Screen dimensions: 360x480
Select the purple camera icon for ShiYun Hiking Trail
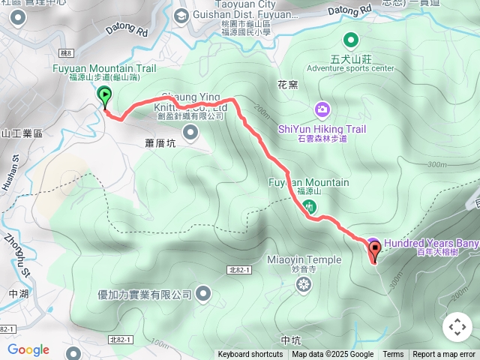point(322,110)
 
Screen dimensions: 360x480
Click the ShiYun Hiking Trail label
point(322,129)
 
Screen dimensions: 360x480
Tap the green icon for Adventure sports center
point(350,40)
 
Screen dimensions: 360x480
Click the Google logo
point(28,349)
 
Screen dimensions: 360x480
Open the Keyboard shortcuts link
point(250,355)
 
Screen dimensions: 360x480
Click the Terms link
point(393,355)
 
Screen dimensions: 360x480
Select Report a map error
point(444,355)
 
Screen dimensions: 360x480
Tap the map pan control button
point(457,327)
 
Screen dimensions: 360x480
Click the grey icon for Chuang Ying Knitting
point(190,133)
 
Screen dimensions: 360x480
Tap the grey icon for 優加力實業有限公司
point(203,295)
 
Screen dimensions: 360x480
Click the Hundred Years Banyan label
point(431,243)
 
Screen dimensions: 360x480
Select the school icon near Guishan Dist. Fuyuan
point(181,14)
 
